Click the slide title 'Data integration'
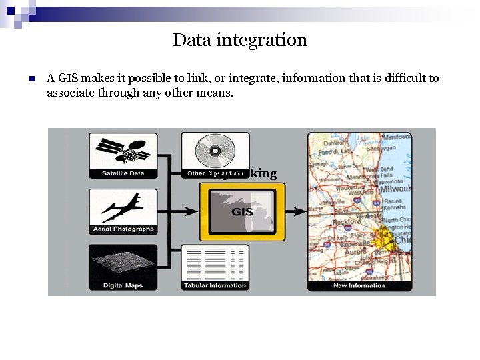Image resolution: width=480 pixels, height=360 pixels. point(240,40)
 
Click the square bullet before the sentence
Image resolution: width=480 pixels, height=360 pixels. point(31,79)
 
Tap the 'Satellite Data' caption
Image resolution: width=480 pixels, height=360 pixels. point(123,173)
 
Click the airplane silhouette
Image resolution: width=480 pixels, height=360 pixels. point(123,207)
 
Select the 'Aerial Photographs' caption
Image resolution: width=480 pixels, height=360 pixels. point(123,229)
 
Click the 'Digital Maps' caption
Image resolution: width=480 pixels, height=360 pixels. point(123,285)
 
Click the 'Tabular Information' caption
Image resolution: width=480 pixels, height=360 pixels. point(215,285)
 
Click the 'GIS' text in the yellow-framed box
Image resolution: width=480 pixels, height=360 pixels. point(242,211)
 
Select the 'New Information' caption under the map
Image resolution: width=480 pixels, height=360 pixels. point(359,285)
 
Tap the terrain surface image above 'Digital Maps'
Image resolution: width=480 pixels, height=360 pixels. point(123,264)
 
